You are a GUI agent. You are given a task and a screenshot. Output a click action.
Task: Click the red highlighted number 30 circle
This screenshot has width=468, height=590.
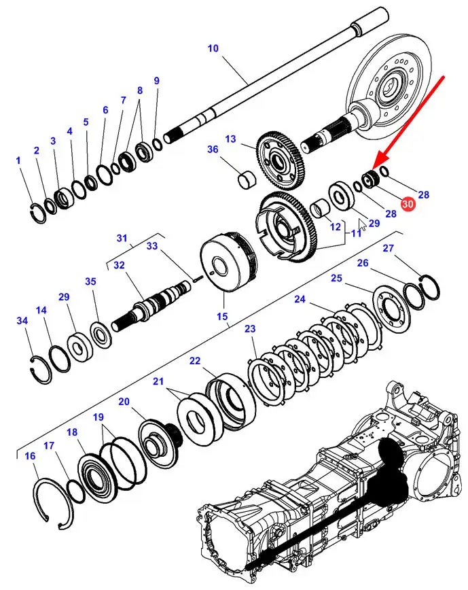pos(408,203)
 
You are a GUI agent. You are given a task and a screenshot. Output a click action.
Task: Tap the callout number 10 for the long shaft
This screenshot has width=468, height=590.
pos(213,48)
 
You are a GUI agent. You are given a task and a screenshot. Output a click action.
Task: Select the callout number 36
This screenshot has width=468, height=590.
pos(213,150)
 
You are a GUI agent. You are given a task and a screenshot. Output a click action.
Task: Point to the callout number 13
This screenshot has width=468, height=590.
pos(230,139)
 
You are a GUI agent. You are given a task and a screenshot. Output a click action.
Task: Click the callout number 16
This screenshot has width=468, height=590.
pos(30,456)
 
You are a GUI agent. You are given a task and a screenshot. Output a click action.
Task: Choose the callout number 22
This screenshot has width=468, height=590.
pos(195,361)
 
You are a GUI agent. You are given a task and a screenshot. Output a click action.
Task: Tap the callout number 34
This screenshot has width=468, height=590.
pos(22,320)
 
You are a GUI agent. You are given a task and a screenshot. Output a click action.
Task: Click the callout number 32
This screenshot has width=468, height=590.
pos(120,266)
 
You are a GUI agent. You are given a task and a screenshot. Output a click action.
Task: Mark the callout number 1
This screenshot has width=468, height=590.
pos(18,161)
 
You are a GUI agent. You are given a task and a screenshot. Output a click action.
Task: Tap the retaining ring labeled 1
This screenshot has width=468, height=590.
pos(37,213)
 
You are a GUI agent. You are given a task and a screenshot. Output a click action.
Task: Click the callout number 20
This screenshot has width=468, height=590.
pos(124,402)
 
